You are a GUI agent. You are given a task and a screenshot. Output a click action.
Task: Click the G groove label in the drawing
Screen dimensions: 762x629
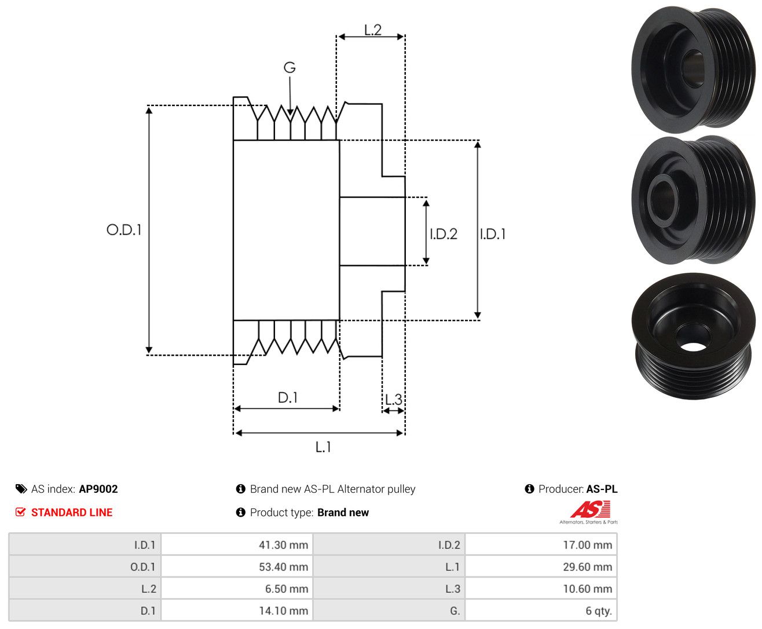[x=289, y=67]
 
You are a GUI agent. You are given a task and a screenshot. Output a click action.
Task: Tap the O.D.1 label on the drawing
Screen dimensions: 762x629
[x=124, y=229]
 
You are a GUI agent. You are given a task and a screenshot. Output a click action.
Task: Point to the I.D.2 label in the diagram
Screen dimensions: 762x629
[x=443, y=234]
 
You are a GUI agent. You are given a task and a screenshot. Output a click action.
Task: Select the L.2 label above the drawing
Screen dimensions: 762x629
[x=373, y=30]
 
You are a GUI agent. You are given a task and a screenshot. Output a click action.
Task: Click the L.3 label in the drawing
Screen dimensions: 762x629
[x=394, y=400]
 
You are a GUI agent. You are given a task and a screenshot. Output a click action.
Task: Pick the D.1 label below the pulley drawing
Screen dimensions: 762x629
[x=288, y=397]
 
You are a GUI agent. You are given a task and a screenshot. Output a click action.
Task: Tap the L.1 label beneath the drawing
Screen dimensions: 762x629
[x=323, y=447]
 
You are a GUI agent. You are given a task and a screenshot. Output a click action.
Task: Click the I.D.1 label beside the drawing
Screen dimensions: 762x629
[x=493, y=234]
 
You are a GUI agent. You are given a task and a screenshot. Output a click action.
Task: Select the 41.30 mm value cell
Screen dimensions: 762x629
[x=237, y=544]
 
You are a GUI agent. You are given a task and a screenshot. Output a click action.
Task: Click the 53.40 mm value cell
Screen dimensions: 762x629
[x=237, y=566]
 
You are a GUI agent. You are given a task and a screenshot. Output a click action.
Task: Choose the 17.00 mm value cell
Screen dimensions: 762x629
[x=541, y=544]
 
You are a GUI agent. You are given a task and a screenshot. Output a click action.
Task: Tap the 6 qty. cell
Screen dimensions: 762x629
[x=541, y=610]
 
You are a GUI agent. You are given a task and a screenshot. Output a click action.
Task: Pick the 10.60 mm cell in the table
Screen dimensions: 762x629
[x=541, y=588]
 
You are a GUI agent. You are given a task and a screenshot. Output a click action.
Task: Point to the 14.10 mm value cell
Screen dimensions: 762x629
[x=237, y=610]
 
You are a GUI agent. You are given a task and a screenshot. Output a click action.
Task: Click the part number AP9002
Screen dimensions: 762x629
[x=98, y=489]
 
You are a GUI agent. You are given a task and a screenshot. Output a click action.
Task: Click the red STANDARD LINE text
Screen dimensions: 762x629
[x=72, y=512]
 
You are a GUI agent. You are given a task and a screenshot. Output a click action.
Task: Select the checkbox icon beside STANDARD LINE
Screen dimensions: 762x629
[x=20, y=512]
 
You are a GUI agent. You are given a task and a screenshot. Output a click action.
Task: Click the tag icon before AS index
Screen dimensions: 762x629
[x=21, y=489]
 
